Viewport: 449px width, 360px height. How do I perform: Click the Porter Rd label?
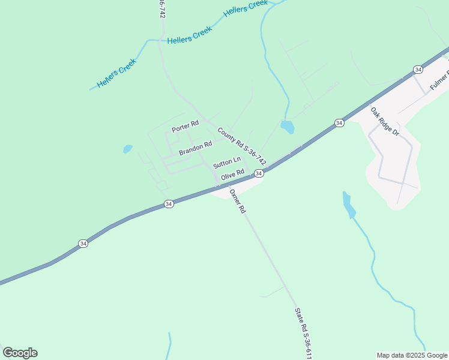185,127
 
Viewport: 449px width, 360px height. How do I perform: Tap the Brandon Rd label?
196,147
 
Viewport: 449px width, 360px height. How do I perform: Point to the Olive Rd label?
232,175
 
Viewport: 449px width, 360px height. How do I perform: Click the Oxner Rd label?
238,202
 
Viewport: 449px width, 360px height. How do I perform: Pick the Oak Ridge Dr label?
384,121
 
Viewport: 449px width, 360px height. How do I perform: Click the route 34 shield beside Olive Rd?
259,173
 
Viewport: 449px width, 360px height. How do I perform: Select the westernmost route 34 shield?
83,243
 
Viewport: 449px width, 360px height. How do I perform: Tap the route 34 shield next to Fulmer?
418,70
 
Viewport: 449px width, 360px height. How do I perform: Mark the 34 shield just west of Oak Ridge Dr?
339,123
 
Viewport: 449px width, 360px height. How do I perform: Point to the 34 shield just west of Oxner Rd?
169,204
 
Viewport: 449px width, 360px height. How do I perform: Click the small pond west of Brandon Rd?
127,149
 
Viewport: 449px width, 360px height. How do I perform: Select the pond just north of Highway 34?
288,127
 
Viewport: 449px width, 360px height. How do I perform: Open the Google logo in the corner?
20,353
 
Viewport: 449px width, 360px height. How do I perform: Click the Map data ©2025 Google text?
412,355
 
